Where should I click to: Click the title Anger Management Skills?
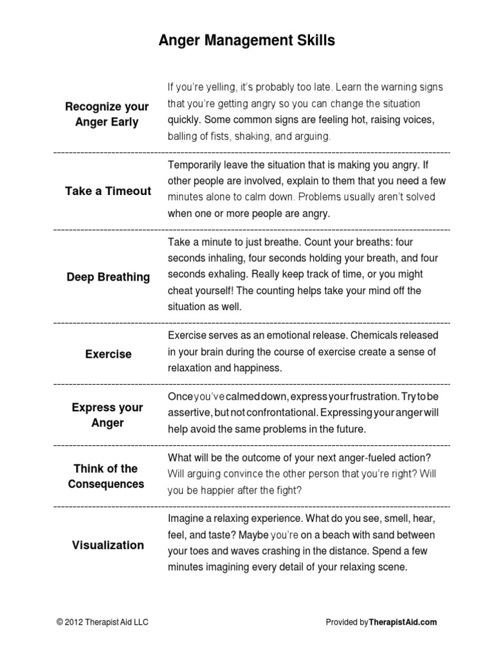pos(247,41)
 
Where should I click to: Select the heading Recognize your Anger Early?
pos(107,114)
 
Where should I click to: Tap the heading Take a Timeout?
pos(108,191)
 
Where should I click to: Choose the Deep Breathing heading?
pos(108,277)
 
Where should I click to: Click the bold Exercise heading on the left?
pos(108,354)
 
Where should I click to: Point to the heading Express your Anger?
pos(107,415)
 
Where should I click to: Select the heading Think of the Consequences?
pos(107,476)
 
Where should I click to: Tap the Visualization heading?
pos(107,545)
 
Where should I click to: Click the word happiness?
pos(256,367)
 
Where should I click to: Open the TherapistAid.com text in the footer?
pos(403,622)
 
